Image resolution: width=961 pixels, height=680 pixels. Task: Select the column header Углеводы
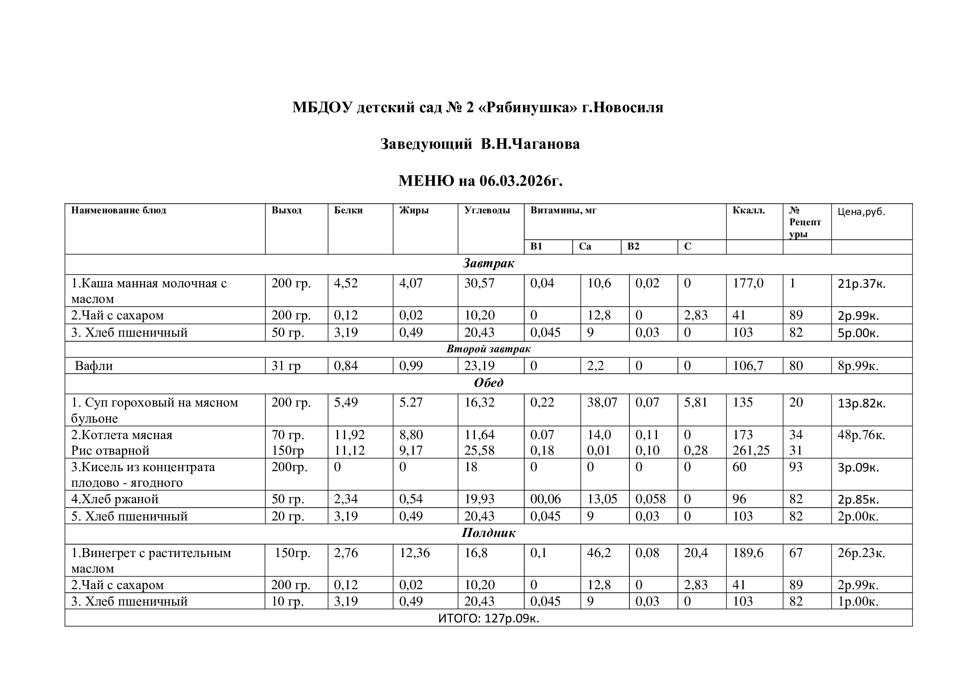[x=487, y=210]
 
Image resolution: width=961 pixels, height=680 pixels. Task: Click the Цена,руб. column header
[x=861, y=212]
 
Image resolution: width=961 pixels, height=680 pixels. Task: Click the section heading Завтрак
[x=488, y=264]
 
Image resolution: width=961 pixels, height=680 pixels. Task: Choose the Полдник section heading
[x=488, y=533]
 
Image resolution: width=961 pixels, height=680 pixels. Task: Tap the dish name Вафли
[x=94, y=366]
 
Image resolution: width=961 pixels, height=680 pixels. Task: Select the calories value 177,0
[x=747, y=284]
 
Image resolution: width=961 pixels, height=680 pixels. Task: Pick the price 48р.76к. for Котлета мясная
[x=861, y=435]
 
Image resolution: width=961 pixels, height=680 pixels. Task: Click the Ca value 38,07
[x=602, y=402]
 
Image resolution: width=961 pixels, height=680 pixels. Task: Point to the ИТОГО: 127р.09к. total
[x=488, y=618]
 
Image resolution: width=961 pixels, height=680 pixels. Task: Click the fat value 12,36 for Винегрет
[x=414, y=553]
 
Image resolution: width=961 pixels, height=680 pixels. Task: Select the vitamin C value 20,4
[x=696, y=553]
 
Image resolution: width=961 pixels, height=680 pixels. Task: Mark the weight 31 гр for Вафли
[x=286, y=366]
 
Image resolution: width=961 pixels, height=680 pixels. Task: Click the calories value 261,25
[x=751, y=451]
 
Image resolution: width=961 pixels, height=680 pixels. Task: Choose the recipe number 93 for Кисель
[x=796, y=467]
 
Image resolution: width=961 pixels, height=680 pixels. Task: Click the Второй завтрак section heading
[x=488, y=349]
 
